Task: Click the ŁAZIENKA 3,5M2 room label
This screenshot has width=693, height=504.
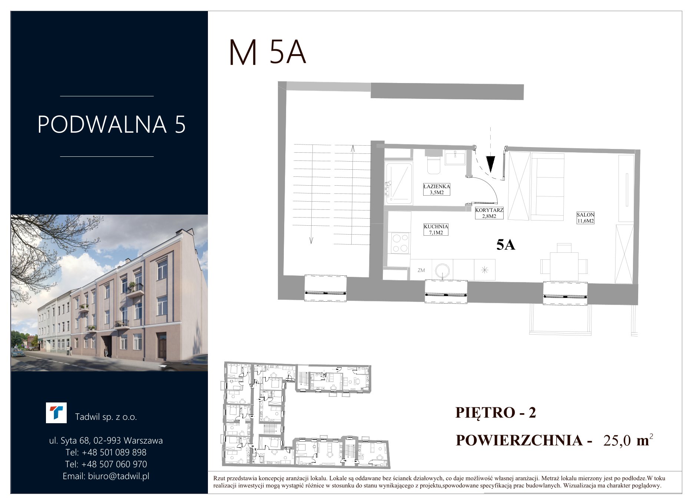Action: coord(437,189)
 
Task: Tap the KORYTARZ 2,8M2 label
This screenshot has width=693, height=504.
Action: coord(489,213)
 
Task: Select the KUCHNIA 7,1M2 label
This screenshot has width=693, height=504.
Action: coord(436,229)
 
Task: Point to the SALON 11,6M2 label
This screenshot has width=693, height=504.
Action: coord(585,218)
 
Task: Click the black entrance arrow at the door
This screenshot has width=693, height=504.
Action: coord(491,164)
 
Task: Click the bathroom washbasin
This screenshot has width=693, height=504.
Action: coord(455,157)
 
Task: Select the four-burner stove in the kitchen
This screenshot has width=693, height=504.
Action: coord(400,243)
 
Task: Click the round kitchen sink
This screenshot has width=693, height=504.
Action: coord(442,270)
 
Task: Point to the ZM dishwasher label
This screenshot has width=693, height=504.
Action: coord(421,271)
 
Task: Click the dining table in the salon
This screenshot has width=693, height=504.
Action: coord(564,266)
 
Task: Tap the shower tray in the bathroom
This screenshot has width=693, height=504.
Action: coord(399,183)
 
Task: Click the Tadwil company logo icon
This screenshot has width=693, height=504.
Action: coord(56,413)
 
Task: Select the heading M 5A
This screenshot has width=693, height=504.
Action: coord(268,53)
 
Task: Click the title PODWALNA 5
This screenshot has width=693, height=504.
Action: coord(112,125)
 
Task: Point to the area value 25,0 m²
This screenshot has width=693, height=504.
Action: coord(628,440)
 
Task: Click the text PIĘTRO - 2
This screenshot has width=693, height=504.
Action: coord(496,412)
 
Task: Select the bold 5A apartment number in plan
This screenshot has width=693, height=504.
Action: coord(506,245)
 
